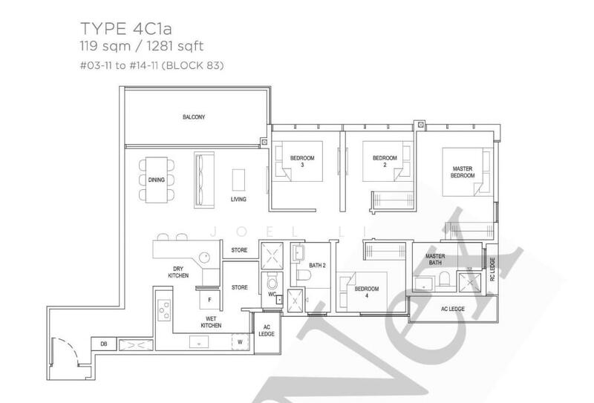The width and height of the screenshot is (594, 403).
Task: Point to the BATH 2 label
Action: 318,264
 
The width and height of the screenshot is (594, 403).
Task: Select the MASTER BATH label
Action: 434,260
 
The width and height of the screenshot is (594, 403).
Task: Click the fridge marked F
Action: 209,298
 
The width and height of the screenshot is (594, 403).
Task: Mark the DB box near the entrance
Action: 104,344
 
